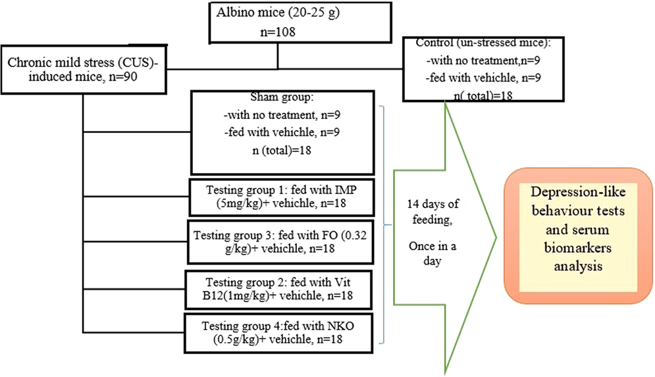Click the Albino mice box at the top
click(277, 22)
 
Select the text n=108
click(276, 30)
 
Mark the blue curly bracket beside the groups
click(384, 224)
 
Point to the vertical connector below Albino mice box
click(277, 56)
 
